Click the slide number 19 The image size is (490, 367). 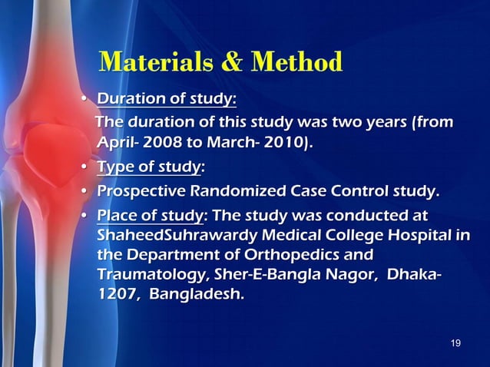click(455, 342)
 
